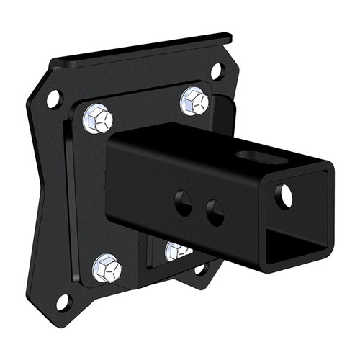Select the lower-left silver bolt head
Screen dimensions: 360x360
coord(107,268)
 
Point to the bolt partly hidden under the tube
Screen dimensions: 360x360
coord(176,251)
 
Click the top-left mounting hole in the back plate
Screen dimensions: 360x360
coord(54,99)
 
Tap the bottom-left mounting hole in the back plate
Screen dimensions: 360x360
coord(63,301)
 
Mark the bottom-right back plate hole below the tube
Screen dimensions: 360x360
coord(201,269)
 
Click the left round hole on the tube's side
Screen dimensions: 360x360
coord(184,203)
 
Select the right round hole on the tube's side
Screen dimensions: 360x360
coord(215,212)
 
